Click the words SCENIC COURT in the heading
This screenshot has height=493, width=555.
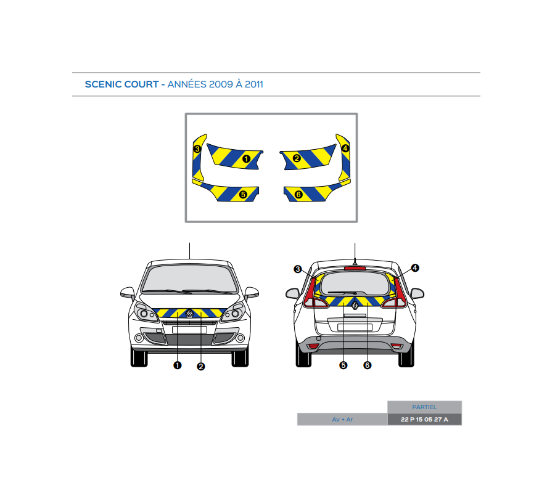(121, 84)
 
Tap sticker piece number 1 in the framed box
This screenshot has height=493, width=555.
(237, 157)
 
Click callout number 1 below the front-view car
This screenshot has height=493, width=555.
(178, 365)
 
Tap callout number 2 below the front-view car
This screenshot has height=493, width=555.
(200, 367)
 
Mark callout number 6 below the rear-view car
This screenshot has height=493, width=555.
(368, 365)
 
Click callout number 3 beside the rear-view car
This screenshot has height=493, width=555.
(298, 269)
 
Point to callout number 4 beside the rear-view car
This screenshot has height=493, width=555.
(415, 268)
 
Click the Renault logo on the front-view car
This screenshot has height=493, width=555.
(190, 314)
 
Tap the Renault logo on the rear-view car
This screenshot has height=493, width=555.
(355, 302)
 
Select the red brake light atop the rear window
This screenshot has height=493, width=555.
(355, 268)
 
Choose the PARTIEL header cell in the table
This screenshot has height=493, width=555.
(424, 407)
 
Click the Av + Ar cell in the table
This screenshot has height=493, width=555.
(342, 420)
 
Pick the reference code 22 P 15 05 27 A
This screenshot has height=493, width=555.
(424, 420)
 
